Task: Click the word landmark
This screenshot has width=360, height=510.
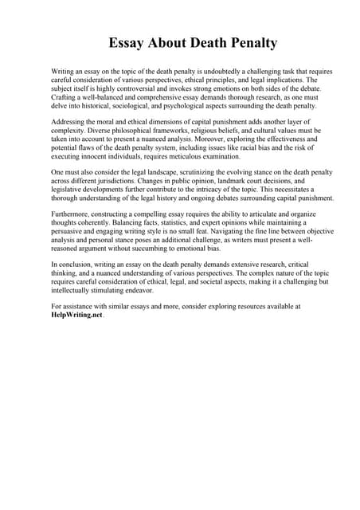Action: click(x=229, y=180)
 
